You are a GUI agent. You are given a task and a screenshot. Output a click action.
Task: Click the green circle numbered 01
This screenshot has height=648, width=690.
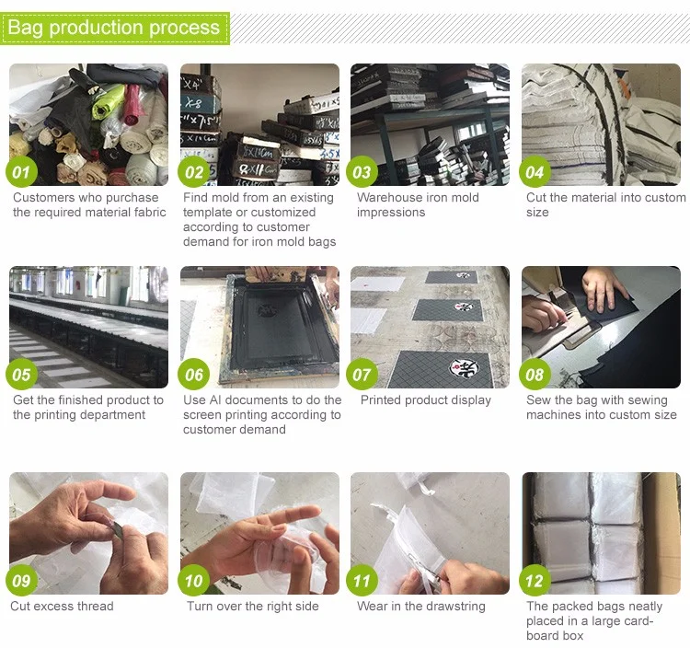pyautogui.click(x=21, y=172)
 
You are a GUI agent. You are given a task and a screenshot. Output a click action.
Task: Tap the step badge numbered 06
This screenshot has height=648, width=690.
pyautogui.click(x=193, y=375)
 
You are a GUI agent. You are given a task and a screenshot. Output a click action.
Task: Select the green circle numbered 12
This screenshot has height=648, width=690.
pyautogui.click(x=535, y=581)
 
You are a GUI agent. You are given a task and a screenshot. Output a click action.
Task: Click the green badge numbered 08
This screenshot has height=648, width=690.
pyautogui.click(x=535, y=375)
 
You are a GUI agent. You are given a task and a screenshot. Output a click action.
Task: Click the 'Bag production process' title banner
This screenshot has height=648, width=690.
pyautogui.click(x=115, y=28)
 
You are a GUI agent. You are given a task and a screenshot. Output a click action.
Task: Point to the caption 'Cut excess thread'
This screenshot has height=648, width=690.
pyautogui.click(x=62, y=607)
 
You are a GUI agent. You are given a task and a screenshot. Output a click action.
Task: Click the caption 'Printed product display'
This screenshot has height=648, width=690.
pyautogui.click(x=426, y=400)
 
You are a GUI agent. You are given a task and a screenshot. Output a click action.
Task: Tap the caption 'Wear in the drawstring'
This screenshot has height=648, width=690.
pyautogui.click(x=421, y=607)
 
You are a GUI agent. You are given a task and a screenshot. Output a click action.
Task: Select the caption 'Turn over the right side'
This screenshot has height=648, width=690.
pyautogui.click(x=253, y=607)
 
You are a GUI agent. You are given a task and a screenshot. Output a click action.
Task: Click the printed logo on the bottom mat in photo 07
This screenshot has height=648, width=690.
pyautogui.click(x=465, y=368)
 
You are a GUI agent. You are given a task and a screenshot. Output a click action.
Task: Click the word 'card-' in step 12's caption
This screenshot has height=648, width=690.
pyautogui.click(x=637, y=621)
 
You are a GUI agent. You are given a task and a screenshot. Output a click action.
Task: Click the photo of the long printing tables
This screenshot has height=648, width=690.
pyautogui.click(x=88, y=327)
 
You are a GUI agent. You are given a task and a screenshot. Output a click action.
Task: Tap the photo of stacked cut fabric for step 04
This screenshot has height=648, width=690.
pyautogui.click(x=601, y=124)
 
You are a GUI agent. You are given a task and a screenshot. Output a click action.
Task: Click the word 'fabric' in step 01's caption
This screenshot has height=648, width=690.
pyautogui.click(x=150, y=213)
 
